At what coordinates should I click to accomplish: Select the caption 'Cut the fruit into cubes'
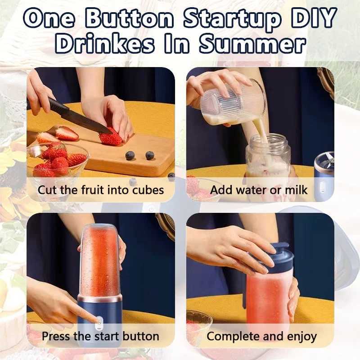pos(101,189)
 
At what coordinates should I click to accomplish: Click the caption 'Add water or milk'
pos(259,189)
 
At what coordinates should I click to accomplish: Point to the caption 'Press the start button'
pos(101,336)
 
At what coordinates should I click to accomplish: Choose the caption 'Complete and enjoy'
pos(261,336)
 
